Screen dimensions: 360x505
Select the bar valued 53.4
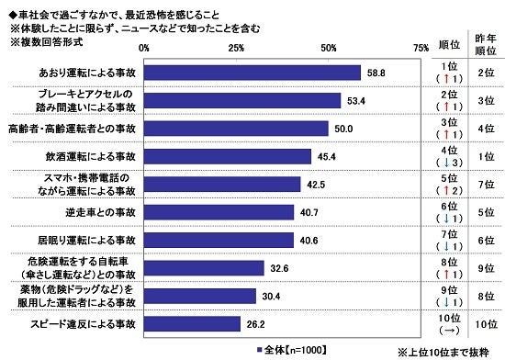pyautogui.click(x=242, y=100)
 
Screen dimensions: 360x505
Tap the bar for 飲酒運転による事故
pyautogui.click(x=228, y=156)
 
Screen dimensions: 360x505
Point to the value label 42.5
pyautogui.click(x=315, y=184)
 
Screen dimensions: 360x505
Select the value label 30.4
pyautogui.click(x=271, y=296)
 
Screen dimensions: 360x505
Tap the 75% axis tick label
pyautogui.click(x=421, y=46)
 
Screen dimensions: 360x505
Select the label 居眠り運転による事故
pyautogui.click(x=88, y=240)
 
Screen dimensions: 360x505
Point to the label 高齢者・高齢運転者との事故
pyautogui.click(x=72, y=128)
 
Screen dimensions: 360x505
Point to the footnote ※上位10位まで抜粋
pyautogui.click(x=443, y=350)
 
